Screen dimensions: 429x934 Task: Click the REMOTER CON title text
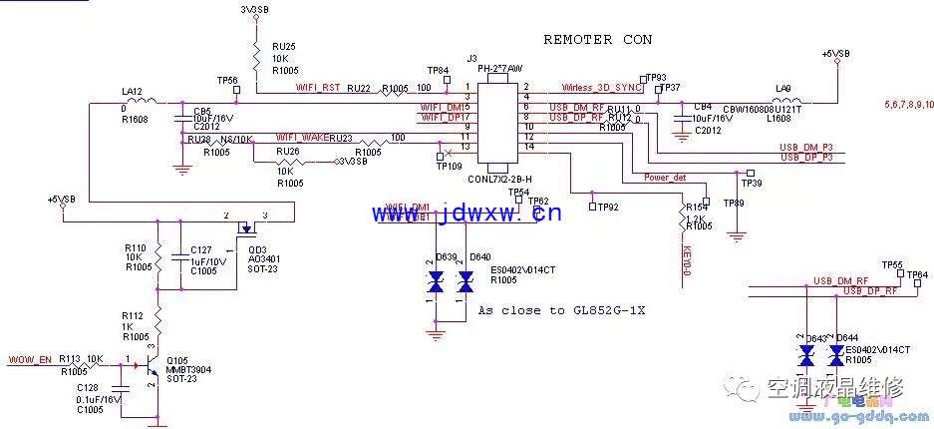click(597, 40)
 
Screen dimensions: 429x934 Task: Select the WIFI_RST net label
click(318, 88)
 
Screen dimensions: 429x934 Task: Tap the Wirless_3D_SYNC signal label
click(600, 88)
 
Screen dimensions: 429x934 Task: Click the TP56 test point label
click(226, 80)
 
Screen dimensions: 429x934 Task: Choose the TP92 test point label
click(608, 207)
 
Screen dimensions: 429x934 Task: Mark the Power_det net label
click(664, 177)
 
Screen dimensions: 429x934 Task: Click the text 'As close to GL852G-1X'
click(561, 310)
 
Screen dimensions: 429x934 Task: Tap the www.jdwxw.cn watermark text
click(467, 213)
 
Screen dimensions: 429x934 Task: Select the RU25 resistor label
click(284, 47)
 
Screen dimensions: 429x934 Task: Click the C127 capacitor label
click(201, 250)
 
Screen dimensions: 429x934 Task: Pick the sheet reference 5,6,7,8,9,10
click(906, 104)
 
